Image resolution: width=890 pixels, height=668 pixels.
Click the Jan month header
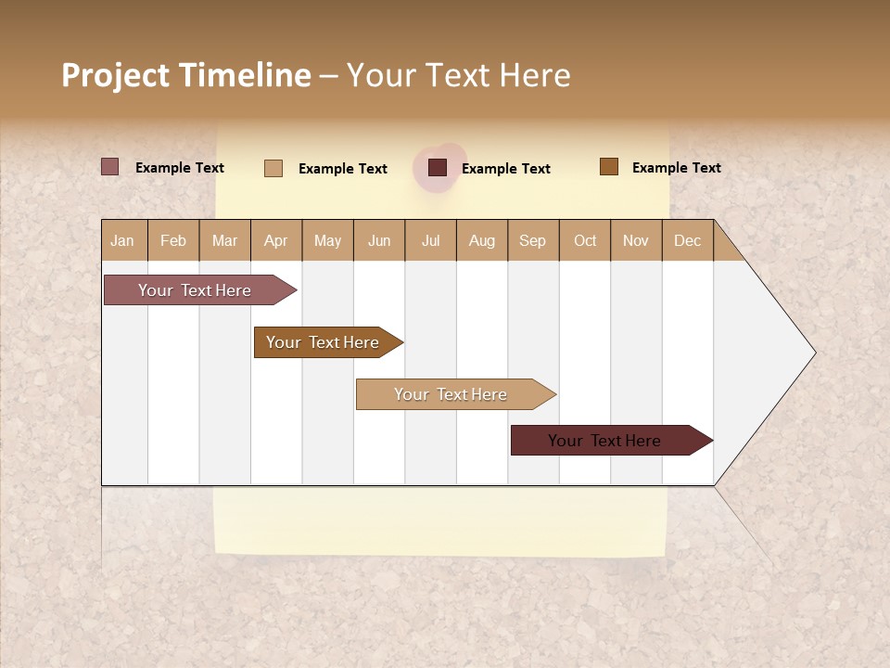point(123,240)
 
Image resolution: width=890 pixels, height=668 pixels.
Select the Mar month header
point(224,240)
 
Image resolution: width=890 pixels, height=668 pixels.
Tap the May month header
point(327,240)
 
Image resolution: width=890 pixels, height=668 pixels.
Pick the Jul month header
point(430,240)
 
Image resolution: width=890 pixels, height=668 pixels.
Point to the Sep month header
point(532,240)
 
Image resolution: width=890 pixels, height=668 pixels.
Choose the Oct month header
point(585,240)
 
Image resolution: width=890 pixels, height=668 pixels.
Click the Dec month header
point(687,240)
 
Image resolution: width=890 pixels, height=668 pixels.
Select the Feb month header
point(173,240)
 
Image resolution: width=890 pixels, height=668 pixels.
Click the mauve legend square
point(110,167)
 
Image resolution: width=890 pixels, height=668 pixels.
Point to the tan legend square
point(273,168)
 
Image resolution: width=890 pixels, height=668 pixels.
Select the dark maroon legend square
point(438,168)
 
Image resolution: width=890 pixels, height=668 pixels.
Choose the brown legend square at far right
point(609,167)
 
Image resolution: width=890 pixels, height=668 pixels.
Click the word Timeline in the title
point(245,75)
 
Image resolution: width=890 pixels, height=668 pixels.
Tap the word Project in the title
point(116,75)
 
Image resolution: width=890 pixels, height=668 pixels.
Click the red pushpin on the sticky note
point(440,167)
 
